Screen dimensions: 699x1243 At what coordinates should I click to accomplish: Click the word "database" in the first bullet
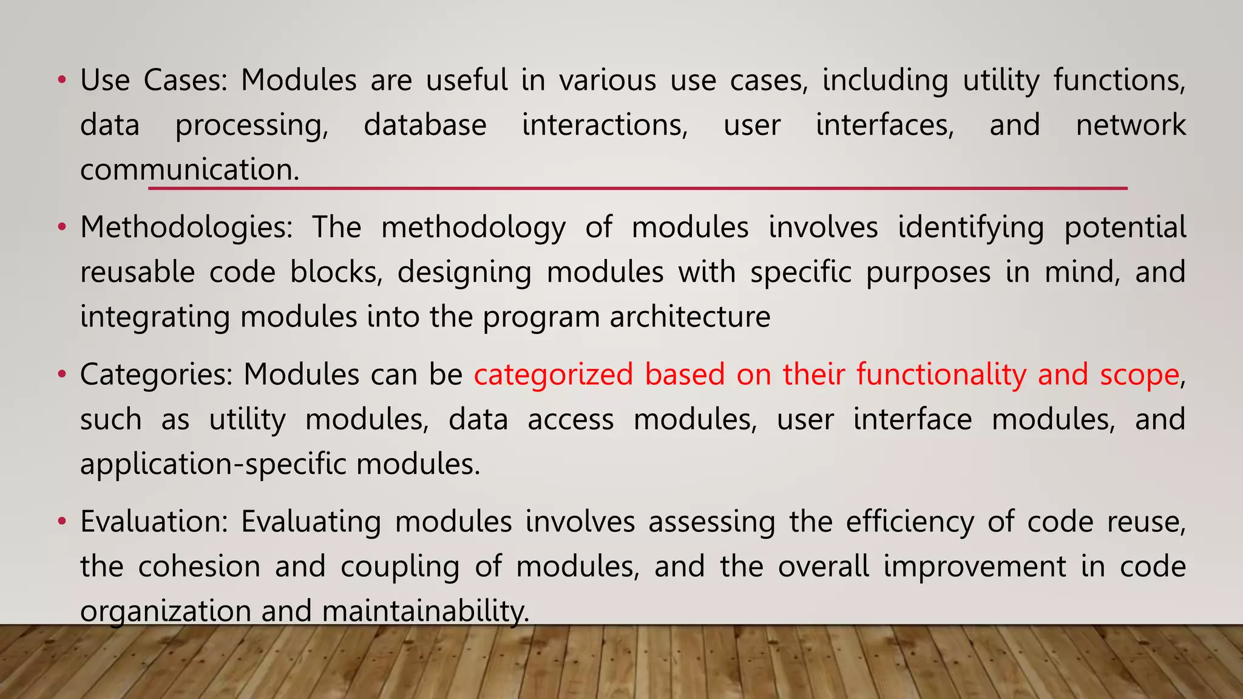[x=425, y=125]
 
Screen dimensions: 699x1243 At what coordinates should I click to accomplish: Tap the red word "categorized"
[x=553, y=374]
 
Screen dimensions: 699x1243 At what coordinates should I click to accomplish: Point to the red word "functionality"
[x=941, y=374]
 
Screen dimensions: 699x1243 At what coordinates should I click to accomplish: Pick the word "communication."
[x=189, y=170]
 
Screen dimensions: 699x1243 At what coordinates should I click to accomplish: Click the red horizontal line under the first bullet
[x=637, y=189]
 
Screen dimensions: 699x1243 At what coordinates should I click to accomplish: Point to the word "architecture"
[x=690, y=317]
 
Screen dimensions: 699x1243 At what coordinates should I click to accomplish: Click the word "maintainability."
[x=425, y=611]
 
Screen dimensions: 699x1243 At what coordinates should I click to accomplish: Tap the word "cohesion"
[x=199, y=566]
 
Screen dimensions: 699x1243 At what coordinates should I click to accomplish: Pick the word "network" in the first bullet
[x=1130, y=125]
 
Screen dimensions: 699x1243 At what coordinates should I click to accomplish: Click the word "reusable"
[x=137, y=272]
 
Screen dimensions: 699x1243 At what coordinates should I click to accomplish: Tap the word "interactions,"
[x=605, y=125]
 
